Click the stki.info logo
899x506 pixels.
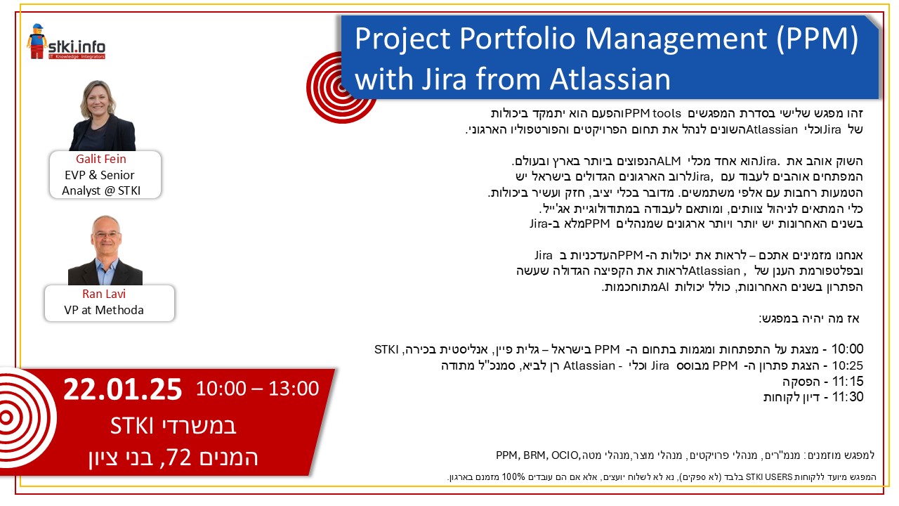66,41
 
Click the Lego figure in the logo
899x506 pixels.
37,41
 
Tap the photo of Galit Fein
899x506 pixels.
103,116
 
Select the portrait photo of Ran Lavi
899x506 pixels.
105,250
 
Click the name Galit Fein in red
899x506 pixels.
100,159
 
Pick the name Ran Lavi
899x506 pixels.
104,294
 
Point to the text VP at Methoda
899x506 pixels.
104,310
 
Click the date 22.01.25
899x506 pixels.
122,389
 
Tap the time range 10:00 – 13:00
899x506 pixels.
257,389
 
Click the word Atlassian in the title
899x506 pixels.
610,79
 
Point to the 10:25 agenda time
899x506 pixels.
847,365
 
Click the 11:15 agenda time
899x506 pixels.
848,381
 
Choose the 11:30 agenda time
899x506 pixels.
848,397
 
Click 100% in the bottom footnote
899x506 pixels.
513,477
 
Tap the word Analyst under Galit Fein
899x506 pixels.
81,190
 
